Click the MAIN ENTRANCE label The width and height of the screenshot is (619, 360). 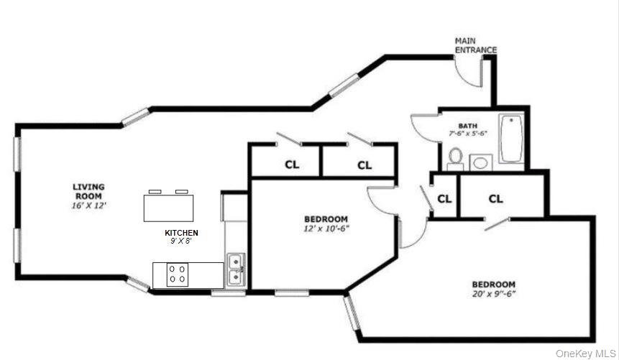475,46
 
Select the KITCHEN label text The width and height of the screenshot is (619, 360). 181,233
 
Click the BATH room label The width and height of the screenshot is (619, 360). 459,125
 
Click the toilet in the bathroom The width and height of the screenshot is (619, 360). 455,157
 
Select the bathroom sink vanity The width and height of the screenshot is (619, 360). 480,162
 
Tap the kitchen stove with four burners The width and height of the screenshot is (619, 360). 178,274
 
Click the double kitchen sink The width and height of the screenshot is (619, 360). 234,269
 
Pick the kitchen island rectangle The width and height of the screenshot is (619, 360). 169,208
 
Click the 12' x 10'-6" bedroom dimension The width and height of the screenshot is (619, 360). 326,229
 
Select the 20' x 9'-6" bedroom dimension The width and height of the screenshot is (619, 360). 494,294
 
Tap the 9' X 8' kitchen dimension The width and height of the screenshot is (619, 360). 181,241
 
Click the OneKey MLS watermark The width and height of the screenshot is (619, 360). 585,354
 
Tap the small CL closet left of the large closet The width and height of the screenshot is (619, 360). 444,198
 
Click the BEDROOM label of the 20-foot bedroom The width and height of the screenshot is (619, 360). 494,284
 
